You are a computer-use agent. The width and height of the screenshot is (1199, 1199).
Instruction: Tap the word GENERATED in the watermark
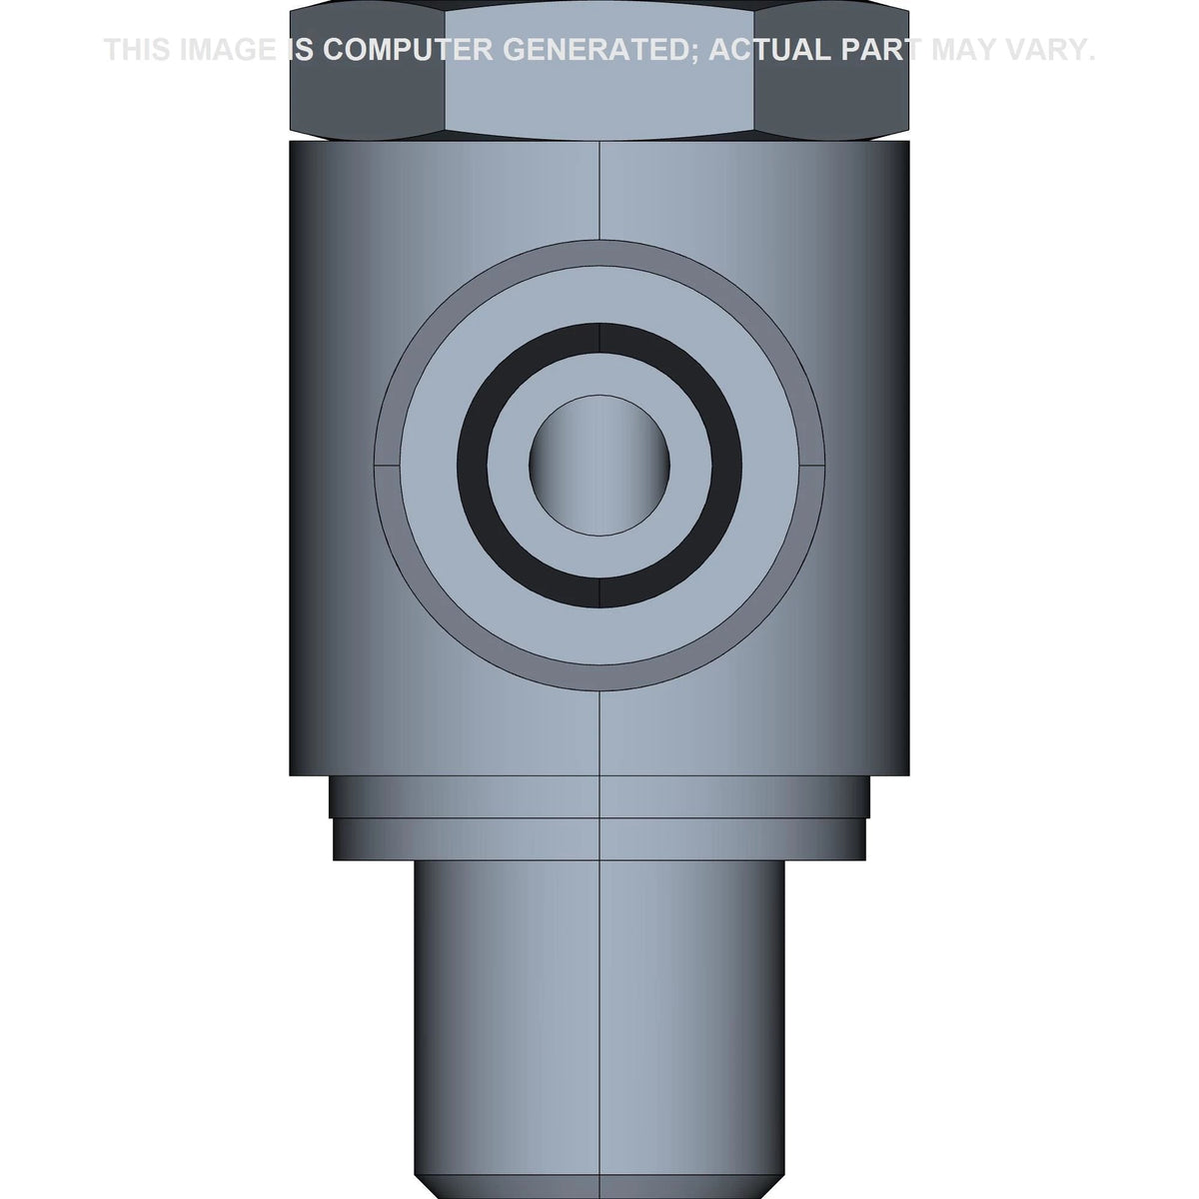[600, 50]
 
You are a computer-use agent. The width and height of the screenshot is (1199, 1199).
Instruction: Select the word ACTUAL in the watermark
[769, 50]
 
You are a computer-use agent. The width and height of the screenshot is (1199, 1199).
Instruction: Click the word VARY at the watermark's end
[1047, 50]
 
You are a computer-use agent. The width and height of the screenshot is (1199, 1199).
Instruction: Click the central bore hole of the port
[599, 466]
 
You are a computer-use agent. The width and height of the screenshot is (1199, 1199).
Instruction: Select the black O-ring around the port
[599, 339]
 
